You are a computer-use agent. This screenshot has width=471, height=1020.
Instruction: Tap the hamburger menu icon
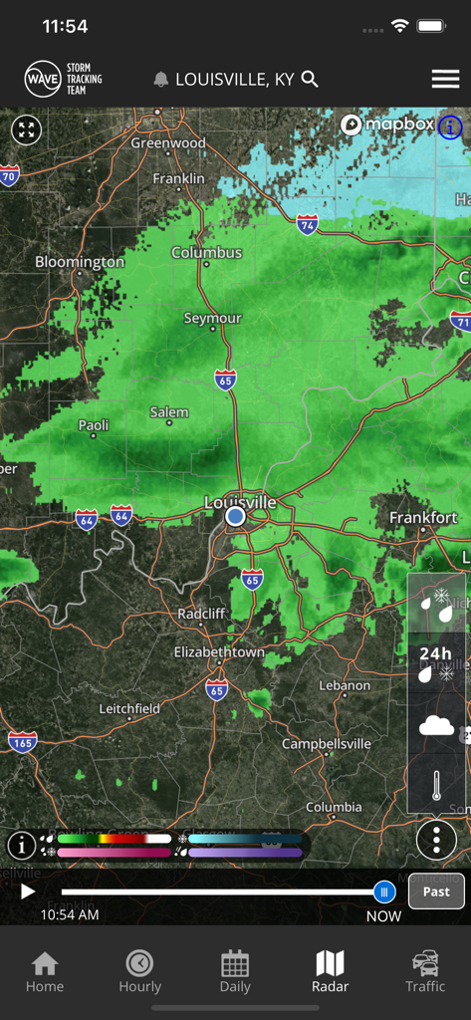tap(445, 80)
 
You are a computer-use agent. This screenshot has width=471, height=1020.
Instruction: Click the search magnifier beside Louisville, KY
tap(310, 79)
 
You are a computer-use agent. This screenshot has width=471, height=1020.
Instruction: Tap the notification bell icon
tap(160, 80)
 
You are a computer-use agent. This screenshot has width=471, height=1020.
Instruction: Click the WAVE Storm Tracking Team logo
tap(64, 79)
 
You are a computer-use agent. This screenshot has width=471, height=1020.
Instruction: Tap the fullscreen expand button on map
tap(27, 129)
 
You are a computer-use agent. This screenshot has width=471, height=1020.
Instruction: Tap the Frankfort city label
tap(423, 518)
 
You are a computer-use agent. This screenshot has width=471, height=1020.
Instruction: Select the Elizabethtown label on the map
tap(219, 652)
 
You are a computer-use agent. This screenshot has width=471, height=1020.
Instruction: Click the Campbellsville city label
tap(327, 744)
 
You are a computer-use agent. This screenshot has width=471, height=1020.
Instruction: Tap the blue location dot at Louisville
tap(235, 517)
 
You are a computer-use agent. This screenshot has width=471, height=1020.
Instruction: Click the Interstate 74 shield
tap(308, 225)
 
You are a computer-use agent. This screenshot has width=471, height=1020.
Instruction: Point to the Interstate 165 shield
tap(22, 741)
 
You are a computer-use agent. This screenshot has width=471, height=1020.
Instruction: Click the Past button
tap(436, 892)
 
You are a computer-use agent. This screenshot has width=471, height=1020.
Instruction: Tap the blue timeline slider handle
tap(384, 892)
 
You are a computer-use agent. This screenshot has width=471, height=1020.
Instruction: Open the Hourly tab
tap(139, 970)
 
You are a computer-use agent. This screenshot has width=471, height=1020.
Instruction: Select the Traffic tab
tap(425, 970)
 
